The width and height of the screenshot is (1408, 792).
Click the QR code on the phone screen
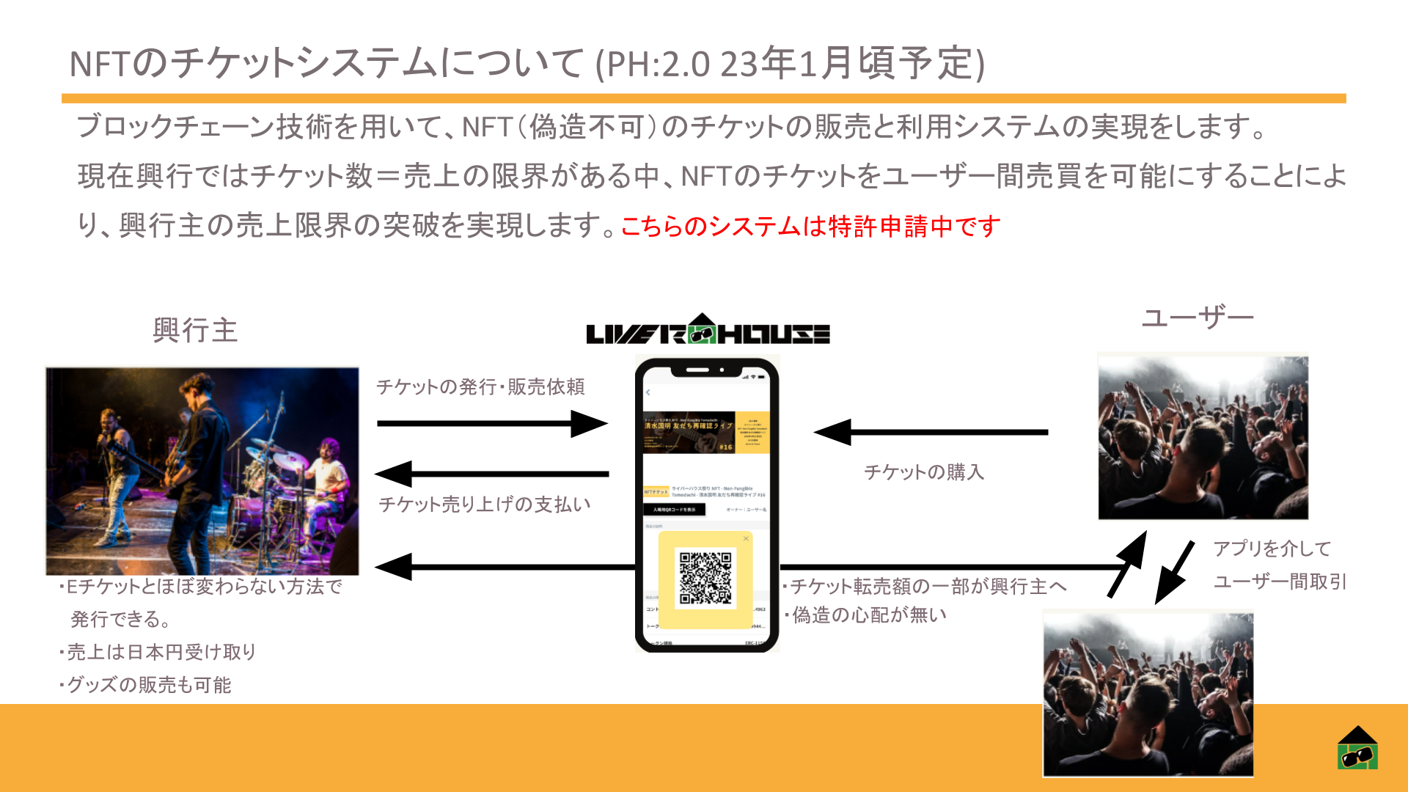pyautogui.click(x=705, y=579)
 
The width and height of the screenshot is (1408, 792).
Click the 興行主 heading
pyautogui.click(x=195, y=331)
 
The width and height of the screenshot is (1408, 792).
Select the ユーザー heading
pyautogui.click(x=1198, y=318)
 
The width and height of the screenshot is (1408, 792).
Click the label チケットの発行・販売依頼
pyautogui.click(x=480, y=386)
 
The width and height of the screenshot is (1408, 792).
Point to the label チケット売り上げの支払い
pyautogui.click(x=484, y=505)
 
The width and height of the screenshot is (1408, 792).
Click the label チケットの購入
pyautogui.click(x=924, y=472)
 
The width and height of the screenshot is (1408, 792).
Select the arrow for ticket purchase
pyautogui.click(x=931, y=432)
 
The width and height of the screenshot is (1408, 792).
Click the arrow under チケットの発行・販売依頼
pyautogui.click(x=491, y=423)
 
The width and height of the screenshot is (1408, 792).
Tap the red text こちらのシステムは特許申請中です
pyautogui.click(x=810, y=227)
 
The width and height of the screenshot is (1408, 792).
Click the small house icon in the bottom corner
pyautogui.click(x=1357, y=748)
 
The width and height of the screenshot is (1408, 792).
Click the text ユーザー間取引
pyautogui.click(x=1280, y=582)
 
